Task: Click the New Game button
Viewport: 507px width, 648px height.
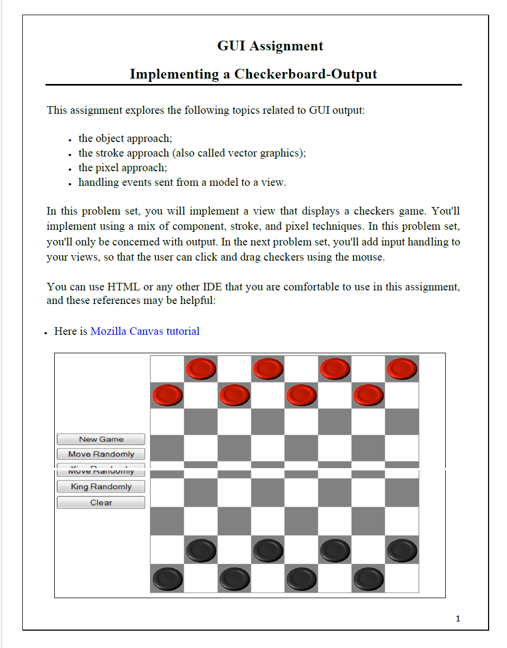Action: (x=101, y=439)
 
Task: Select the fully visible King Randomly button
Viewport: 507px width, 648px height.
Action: (x=101, y=487)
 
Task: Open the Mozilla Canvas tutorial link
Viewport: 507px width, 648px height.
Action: (x=145, y=331)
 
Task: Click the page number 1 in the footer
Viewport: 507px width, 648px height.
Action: (x=458, y=619)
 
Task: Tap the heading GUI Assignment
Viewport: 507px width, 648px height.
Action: (x=270, y=46)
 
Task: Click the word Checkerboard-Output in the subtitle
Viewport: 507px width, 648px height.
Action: (x=305, y=74)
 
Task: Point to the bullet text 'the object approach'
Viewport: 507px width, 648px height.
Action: (x=125, y=139)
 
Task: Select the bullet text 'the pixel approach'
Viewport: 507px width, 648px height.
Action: (x=122, y=168)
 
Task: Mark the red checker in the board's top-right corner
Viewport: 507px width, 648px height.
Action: (x=402, y=369)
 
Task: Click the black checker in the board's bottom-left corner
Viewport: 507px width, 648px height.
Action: (x=167, y=579)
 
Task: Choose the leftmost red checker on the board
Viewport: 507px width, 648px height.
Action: (x=167, y=396)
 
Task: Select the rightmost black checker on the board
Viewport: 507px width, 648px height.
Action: (x=402, y=550)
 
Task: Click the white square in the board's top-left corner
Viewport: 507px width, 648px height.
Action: (x=167, y=368)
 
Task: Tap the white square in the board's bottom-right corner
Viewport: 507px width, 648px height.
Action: (x=402, y=579)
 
